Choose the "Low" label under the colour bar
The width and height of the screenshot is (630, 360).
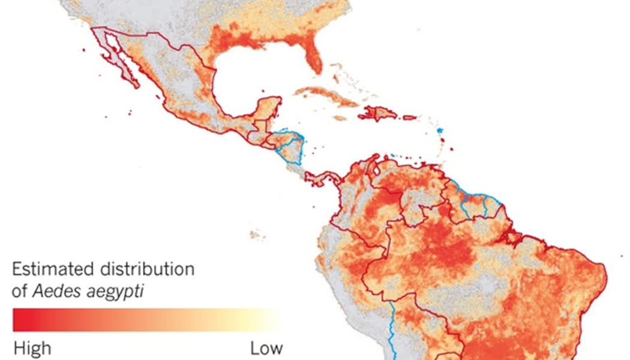point(266,348)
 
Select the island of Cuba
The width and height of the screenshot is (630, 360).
point(324,96)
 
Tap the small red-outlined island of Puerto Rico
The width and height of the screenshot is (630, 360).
point(409,118)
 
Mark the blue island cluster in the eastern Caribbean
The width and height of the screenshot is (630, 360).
point(440,130)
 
